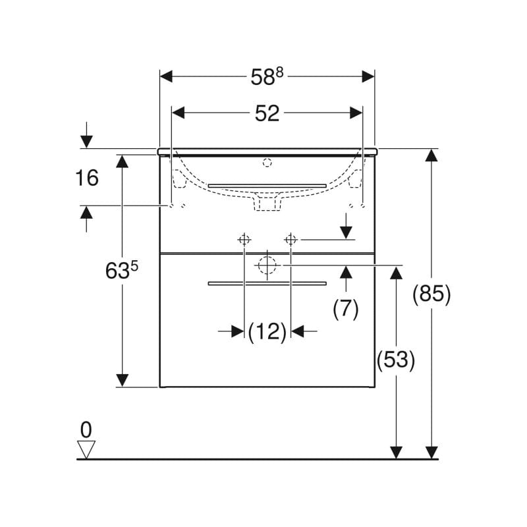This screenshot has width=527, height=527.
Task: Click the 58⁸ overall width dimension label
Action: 266,76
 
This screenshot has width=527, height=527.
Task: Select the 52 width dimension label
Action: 267,113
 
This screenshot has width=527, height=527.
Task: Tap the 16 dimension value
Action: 86,177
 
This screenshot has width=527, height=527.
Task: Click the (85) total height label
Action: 431,294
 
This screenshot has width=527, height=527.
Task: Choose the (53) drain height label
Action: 395,360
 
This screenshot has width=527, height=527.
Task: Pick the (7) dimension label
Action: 345,308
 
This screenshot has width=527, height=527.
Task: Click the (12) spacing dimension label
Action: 267,331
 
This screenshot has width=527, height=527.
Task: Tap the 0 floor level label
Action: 86,430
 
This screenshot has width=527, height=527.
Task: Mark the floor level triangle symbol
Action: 86,449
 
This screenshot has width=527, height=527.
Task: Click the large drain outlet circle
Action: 267,265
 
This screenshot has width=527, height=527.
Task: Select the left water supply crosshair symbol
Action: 244,239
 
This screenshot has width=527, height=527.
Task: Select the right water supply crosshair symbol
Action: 291,239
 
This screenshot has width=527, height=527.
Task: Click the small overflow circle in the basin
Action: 267,162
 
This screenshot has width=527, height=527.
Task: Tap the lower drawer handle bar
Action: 267,284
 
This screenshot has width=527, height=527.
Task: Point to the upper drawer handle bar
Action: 267,186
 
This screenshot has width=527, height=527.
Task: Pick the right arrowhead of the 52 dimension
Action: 356,113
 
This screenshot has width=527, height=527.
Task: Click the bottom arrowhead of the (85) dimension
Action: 431,452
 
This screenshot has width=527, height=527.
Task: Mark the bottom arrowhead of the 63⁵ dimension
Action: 122,380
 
